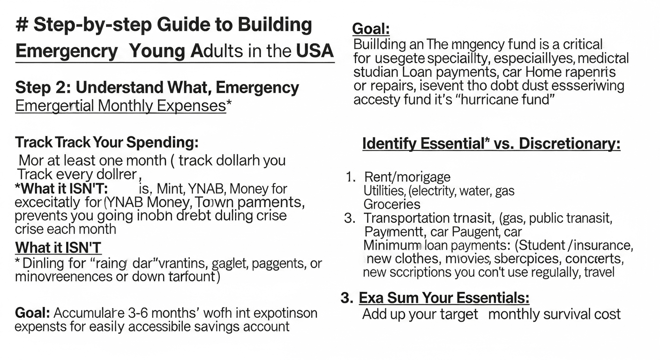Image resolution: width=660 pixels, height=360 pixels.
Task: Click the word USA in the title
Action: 315,50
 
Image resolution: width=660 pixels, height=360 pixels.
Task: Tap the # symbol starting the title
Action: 21,24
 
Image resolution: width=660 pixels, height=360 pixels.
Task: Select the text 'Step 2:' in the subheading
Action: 43,88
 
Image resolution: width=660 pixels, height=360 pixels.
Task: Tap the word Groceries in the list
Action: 392,204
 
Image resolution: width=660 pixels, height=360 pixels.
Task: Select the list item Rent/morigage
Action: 407,177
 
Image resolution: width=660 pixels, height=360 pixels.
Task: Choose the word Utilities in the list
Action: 384,191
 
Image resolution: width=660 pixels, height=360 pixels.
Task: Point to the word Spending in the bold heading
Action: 163,142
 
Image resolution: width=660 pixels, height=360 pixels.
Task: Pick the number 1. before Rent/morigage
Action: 351,177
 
